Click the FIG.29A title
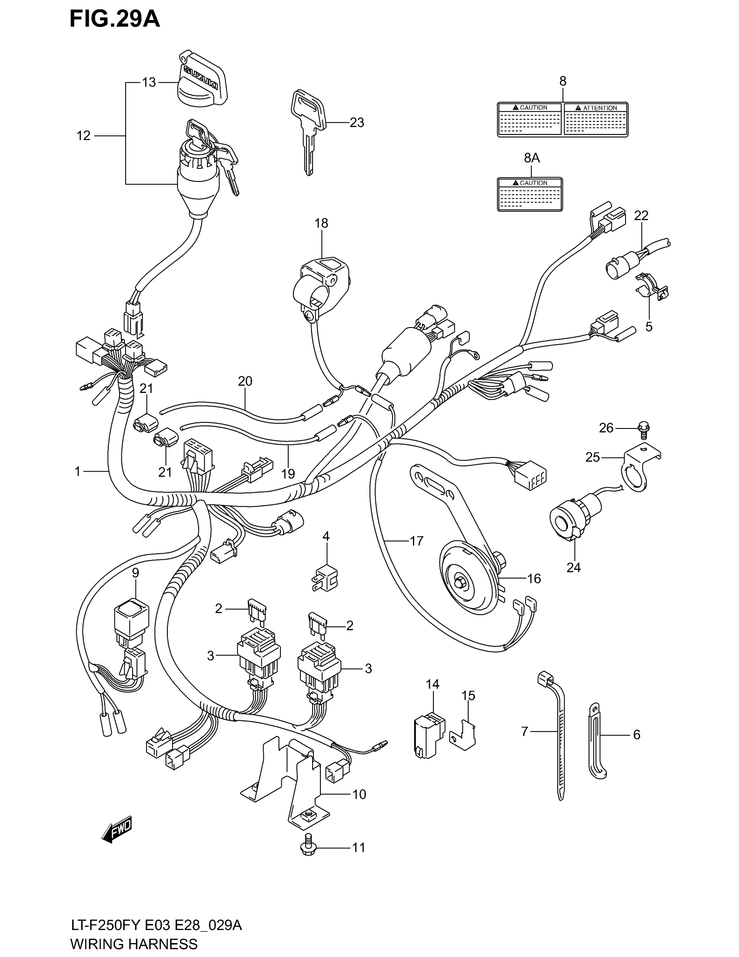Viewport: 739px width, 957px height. [115, 19]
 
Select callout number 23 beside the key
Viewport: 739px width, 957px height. [357, 123]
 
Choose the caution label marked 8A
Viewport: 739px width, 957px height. [530, 194]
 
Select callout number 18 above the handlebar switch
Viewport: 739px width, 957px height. [321, 223]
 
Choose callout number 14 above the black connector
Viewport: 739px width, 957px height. [432, 684]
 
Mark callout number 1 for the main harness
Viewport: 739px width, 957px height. [77, 472]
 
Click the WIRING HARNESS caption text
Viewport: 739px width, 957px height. [134, 944]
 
